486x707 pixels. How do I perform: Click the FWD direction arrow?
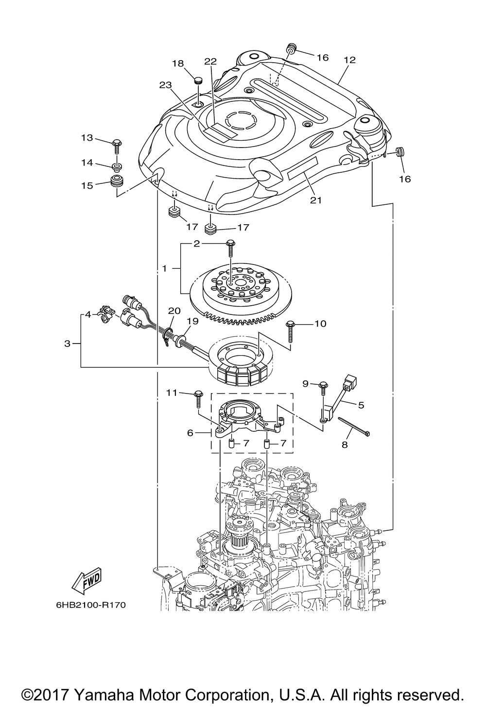click(86, 582)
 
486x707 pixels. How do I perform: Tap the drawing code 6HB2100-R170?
click(91, 605)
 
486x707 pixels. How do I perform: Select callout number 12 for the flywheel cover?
click(350, 60)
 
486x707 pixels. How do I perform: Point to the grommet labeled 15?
click(116, 181)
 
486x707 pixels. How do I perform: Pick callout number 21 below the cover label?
click(316, 200)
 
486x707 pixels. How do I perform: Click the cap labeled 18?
click(198, 80)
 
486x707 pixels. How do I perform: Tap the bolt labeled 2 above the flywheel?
click(230, 249)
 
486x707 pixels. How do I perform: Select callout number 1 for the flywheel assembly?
click(164, 268)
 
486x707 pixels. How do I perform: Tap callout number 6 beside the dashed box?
click(190, 432)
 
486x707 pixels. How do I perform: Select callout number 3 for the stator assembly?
click(67, 344)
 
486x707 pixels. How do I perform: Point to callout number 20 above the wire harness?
click(174, 311)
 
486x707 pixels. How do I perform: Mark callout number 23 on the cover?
click(166, 85)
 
